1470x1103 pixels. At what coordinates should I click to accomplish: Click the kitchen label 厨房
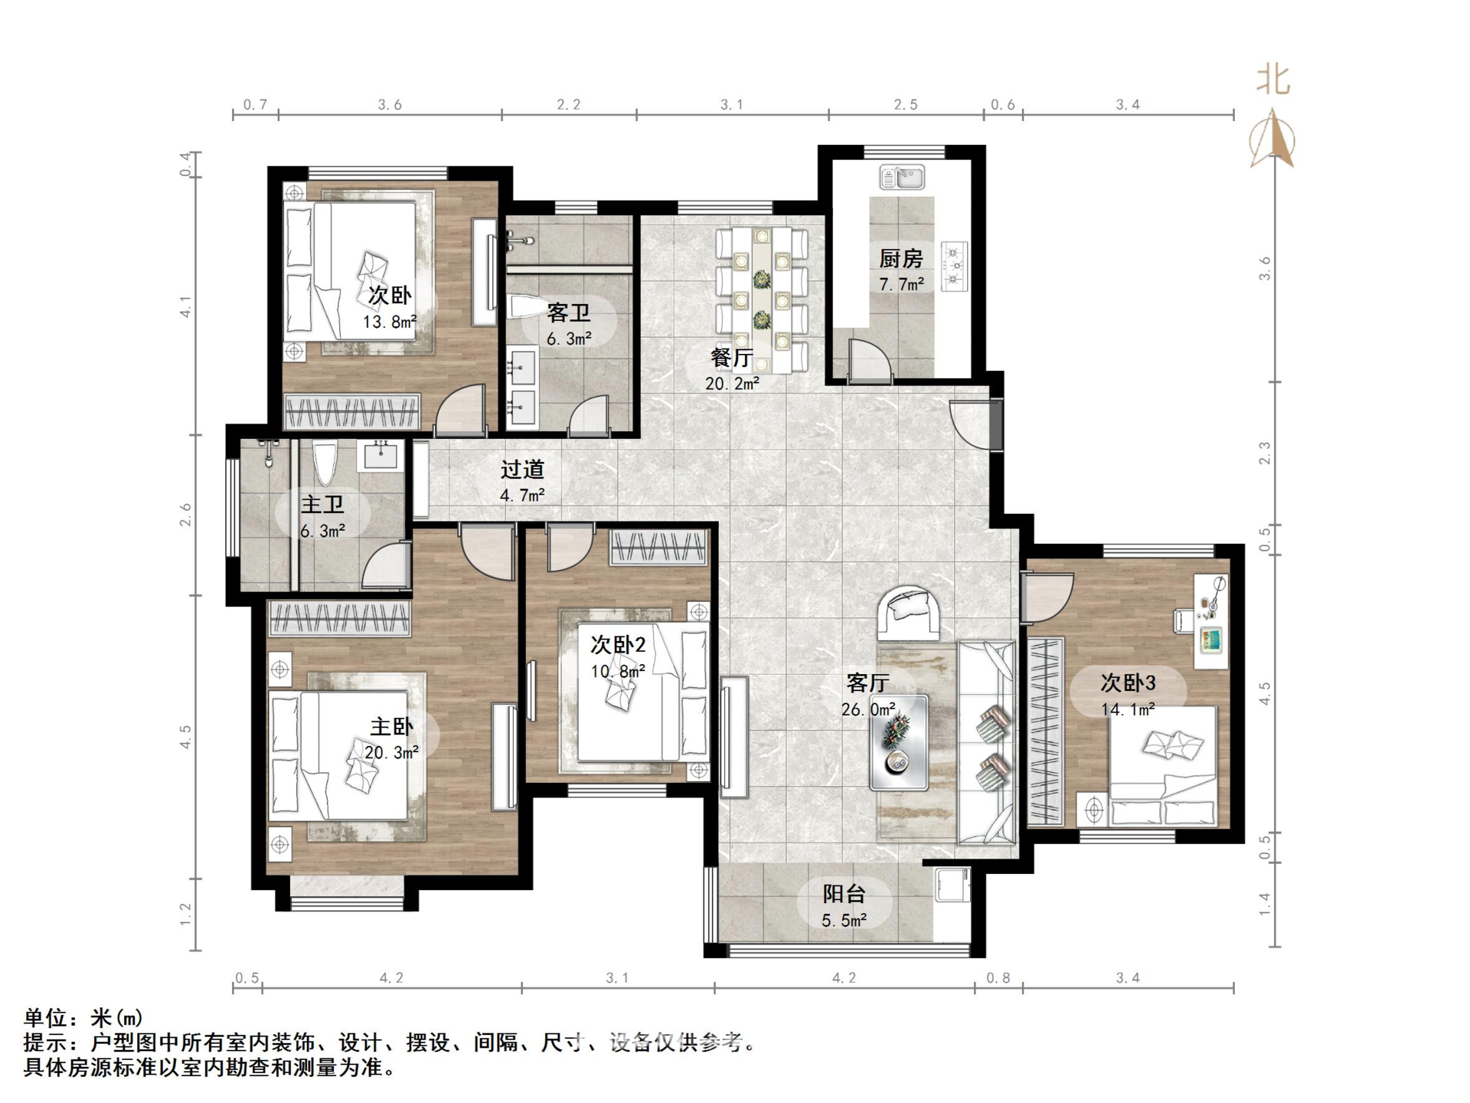(900, 258)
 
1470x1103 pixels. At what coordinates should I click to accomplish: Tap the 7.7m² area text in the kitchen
(901, 284)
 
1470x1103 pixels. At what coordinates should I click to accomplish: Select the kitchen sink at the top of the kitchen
(902, 178)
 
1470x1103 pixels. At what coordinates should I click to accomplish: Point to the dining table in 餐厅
(762, 299)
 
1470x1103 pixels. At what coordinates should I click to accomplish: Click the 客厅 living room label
(867, 682)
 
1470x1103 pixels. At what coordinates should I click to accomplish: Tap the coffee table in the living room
(898, 742)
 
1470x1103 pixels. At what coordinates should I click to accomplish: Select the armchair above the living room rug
(909, 613)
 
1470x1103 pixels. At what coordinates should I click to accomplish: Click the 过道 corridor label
(522, 470)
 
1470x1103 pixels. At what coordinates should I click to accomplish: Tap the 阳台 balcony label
(844, 894)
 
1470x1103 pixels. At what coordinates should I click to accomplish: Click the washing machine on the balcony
(952, 884)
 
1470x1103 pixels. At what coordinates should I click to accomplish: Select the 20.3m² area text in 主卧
(391, 753)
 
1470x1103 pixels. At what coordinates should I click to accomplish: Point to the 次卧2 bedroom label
(617, 645)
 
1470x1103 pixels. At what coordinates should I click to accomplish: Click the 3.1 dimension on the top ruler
(731, 105)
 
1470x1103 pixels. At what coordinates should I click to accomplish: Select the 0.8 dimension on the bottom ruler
(998, 978)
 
